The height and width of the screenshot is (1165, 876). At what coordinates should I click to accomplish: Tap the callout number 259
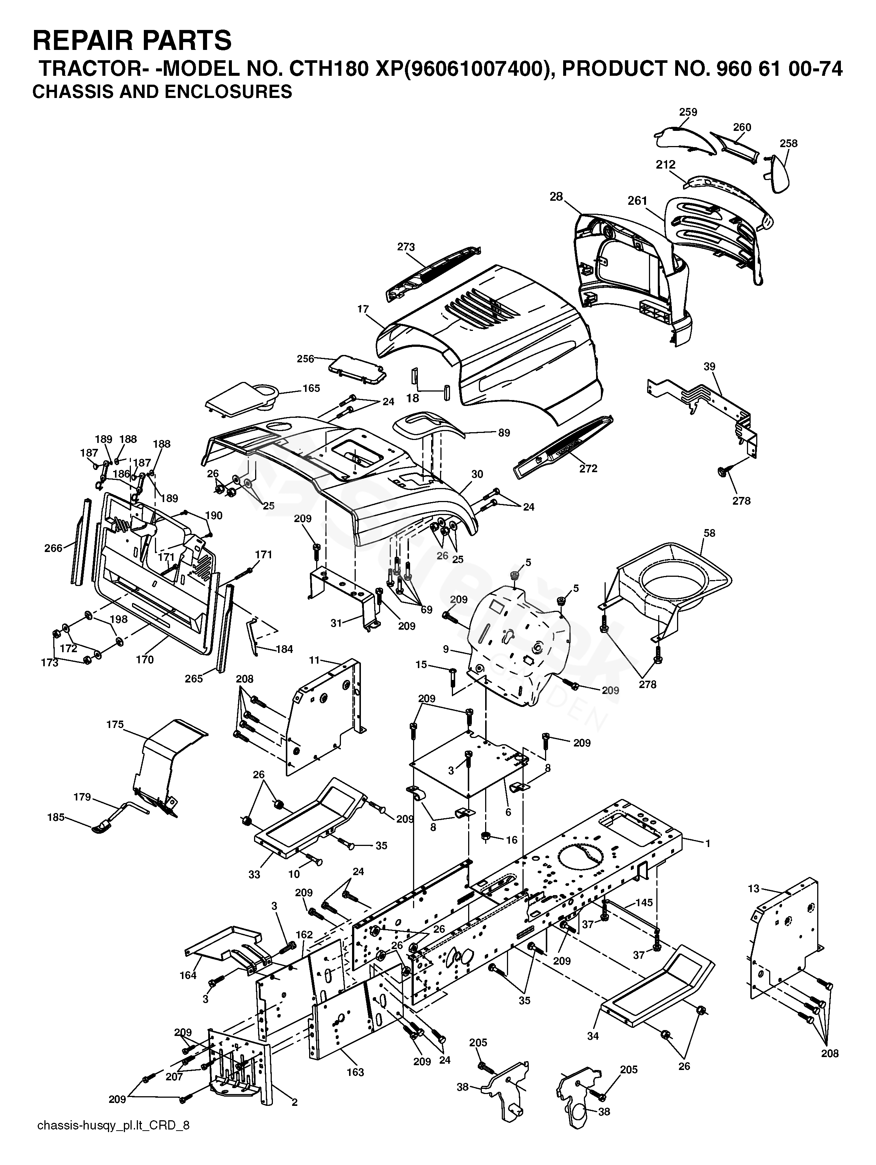point(688,112)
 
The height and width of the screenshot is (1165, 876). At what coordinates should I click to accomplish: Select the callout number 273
point(406,247)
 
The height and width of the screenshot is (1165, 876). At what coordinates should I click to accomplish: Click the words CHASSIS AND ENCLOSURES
point(162,92)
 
